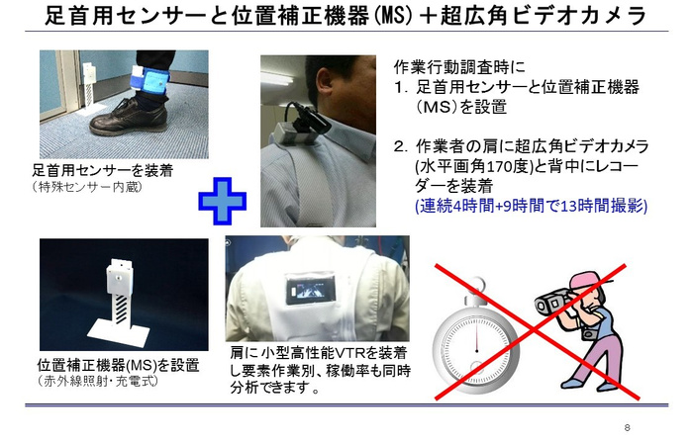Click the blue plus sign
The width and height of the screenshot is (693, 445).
pyautogui.click(x=223, y=202)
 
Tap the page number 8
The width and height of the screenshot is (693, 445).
pyautogui.click(x=627, y=427)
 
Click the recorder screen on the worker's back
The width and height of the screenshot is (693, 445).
pyautogui.click(x=311, y=291)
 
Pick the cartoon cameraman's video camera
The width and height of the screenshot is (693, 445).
pyautogui.click(x=552, y=302)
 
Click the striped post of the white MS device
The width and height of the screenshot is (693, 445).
pyautogui.click(x=121, y=309)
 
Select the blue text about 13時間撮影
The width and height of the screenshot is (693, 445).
pyautogui.click(x=532, y=206)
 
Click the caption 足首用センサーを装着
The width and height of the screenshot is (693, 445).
pyautogui.click(x=103, y=170)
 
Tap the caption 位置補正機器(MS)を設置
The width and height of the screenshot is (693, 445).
pyautogui.click(x=119, y=365)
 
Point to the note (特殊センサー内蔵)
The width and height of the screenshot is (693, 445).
pyautogui.click(x=87, y=187)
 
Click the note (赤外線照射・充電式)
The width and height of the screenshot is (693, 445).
pyautogui.click(x=98, y=381)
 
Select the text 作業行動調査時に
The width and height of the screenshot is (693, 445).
pyautogui.click(x=459, y=67)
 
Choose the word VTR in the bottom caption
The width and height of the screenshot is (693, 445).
pyautogui.click(x=350, y=353)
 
